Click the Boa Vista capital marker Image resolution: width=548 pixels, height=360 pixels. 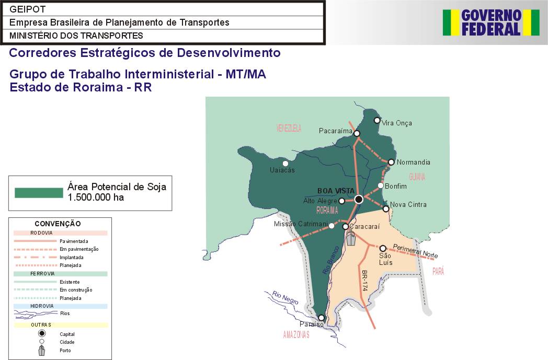pos(359,200)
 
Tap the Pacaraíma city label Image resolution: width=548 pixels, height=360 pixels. pos(336,131)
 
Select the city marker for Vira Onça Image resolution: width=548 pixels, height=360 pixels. pos(376,121)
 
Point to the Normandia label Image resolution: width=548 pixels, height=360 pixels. pos(414,162)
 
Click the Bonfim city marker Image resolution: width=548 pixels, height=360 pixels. pos(381,185)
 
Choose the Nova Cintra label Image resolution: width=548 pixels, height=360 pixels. pos(408,205)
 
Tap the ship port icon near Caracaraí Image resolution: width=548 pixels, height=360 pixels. pos(350,238)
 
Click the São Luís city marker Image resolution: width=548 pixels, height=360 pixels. pos(383,248)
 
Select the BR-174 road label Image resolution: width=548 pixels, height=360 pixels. pos(364,281)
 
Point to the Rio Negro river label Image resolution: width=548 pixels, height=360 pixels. pos(286,297)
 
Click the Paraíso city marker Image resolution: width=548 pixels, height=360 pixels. pos(321,318)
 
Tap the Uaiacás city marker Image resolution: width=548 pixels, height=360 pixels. pos(286,164)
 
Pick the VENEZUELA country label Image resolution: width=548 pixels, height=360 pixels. pos(289,128)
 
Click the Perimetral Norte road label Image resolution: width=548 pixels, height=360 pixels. pos(416,251)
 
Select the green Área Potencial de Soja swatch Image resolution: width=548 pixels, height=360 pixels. pos(39,193)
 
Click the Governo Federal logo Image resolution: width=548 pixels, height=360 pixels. pos(491,22)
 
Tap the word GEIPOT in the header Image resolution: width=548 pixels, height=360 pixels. pos(28,9)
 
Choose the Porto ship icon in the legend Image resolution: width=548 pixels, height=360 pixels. pos(42,350)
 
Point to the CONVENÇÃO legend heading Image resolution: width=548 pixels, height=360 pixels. pos(58,224)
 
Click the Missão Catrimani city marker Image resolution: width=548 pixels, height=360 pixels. pos(332,226)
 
